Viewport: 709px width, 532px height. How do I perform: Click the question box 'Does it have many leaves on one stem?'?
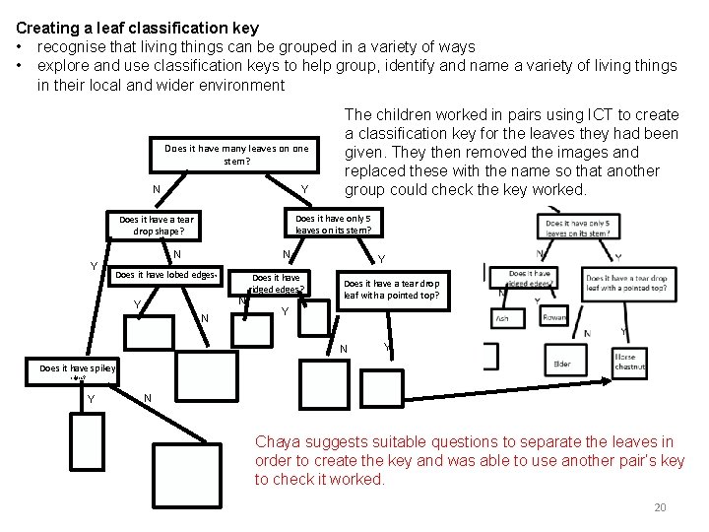pos(236,155)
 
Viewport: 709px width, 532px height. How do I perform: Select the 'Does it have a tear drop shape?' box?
pos(157,226)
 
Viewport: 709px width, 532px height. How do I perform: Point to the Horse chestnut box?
pos(629,362)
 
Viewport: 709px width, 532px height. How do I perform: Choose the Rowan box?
pos(554,317)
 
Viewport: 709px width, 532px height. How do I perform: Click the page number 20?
pos(660,507)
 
